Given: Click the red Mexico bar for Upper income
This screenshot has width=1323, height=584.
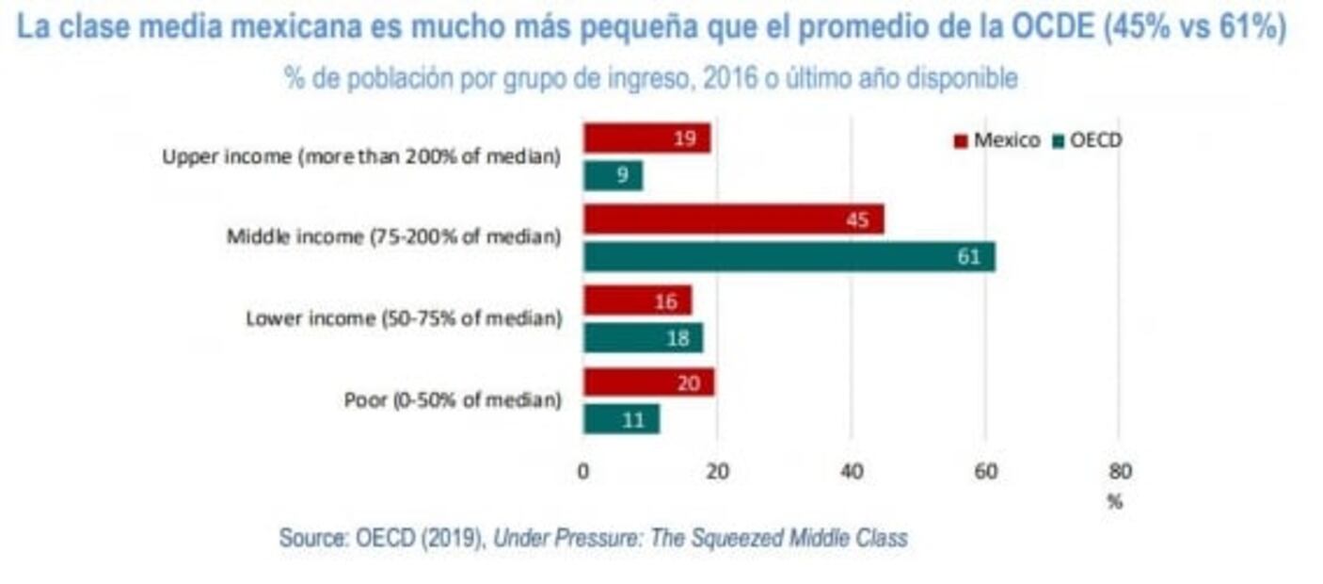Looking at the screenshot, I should click(646, 138).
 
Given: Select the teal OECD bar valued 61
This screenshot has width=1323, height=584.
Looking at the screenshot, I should click(789, 257).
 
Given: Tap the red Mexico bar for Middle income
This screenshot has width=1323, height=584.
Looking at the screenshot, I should click(733, 220).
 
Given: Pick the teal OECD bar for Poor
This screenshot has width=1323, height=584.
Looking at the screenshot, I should click(621, 420).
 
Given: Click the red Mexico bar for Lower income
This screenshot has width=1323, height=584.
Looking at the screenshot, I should click(637, 301).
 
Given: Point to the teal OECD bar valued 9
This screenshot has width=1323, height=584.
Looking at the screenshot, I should click(613, 175).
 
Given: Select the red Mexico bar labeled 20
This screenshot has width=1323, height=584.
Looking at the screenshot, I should click(648, 382).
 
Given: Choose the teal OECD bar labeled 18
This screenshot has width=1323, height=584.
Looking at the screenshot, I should click(643, 338).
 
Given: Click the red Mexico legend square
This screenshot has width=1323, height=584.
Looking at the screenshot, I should click(961, 142).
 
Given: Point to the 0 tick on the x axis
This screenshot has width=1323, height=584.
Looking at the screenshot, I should click(583, 472).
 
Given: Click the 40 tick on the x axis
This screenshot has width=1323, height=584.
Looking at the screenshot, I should click(851, 472).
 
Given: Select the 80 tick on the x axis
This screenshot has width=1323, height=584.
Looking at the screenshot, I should click(1120, 472).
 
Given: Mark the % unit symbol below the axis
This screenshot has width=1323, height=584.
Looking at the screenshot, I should click(1115, 502).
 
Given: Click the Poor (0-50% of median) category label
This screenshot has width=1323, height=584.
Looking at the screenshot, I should click(453, 400).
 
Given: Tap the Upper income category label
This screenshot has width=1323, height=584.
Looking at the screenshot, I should click(361, 157).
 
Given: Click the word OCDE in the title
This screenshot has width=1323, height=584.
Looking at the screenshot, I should click(1049, 28).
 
